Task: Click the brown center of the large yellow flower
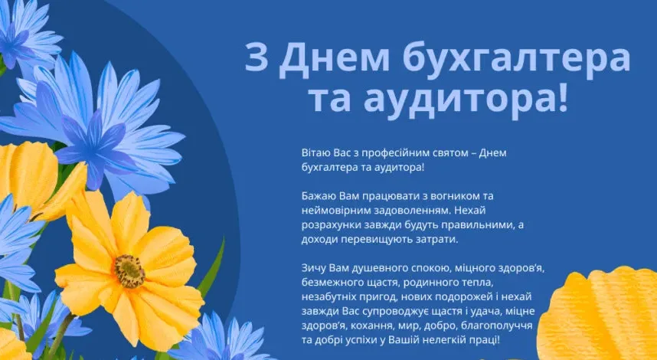click(x=129, y=270)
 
